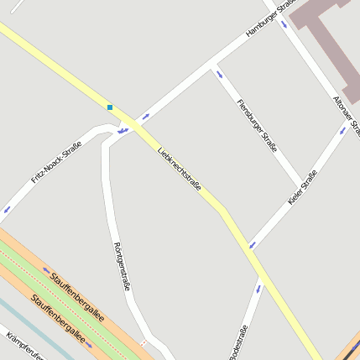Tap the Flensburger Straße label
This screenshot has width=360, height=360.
(x=258, y=124)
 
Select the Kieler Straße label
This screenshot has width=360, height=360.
(x=302, y=187)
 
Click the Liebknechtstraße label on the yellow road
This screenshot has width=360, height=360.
(x=180, y=170)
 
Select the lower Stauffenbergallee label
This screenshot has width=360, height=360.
(x=58, y=319)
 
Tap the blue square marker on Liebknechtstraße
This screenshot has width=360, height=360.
(x=110, y=107)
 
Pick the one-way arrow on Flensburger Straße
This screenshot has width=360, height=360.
(x=220, y=75)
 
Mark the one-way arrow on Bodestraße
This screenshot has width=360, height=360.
(x=258, y=289)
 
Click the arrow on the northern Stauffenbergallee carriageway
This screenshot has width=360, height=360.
(x=46, y=270)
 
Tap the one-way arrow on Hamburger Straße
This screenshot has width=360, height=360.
(x=146, y=117)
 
